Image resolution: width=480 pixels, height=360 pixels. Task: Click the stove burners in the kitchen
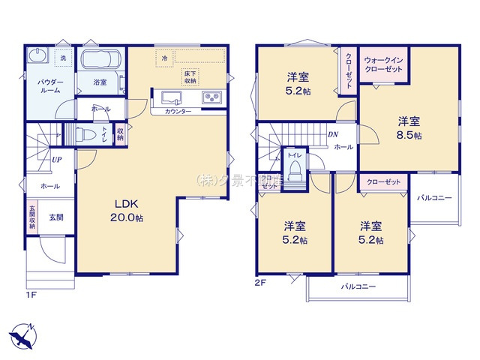click(210, 98)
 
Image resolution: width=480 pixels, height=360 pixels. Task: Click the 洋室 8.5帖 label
click(409, 127)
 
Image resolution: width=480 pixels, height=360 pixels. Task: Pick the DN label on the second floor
click(333, 135)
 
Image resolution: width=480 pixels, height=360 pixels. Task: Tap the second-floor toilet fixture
click(295, 167)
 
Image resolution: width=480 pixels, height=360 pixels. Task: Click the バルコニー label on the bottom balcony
click(358, 286)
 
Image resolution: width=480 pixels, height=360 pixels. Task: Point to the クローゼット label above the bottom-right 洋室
click(383, 182)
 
